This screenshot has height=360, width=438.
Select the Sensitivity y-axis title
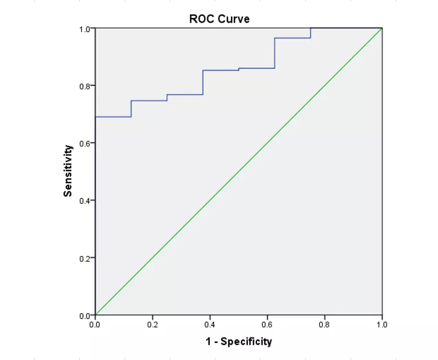tap(68, 171)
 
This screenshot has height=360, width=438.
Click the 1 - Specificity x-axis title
tap(238, 341)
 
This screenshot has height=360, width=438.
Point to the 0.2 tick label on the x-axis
tap(153, 325)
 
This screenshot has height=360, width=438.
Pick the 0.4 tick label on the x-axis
tap(210, 325)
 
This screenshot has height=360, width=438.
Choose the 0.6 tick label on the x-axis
tap(267, 325)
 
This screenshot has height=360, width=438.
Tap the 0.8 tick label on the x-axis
tap(324, 325)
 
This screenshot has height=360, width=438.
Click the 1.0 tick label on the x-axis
tap(382, 325)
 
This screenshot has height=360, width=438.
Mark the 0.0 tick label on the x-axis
tap(95, 325)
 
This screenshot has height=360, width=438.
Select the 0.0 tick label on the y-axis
tap(85, 315)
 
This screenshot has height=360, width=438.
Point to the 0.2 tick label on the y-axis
tap(85, 258)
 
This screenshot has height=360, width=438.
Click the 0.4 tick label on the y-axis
tap(85, 201)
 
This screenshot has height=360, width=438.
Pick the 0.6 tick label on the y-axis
tap(85, 143)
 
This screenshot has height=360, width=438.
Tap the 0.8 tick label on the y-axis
tap(85, 86)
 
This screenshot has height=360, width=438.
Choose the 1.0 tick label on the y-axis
tap(85, 28)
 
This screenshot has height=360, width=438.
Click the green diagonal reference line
tap(238, 172)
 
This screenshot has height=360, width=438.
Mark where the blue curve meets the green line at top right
tap(382, 28)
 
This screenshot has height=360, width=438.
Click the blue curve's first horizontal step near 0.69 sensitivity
tap(113, 117)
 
